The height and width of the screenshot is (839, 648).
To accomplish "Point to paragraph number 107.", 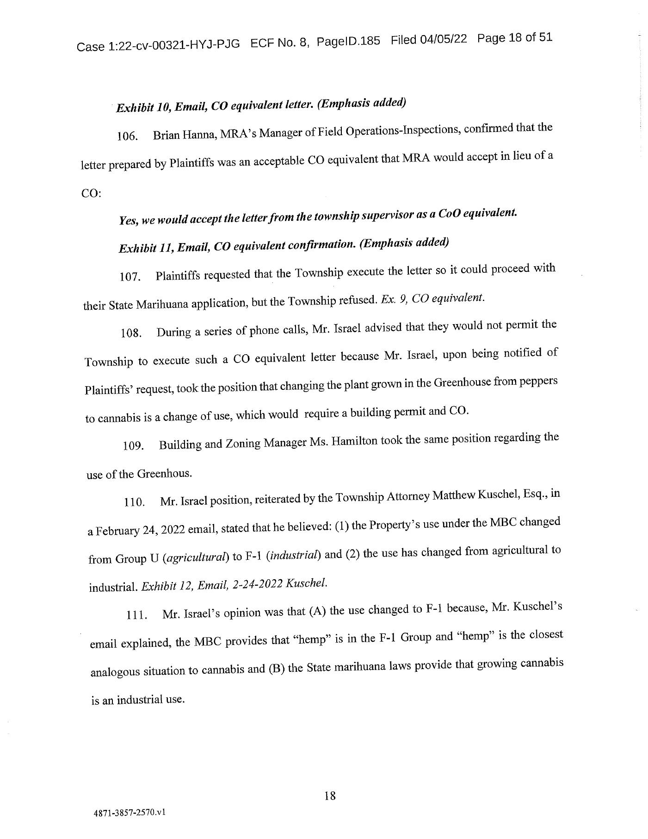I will (130, 277).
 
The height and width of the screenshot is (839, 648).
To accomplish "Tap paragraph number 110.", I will (134, 502).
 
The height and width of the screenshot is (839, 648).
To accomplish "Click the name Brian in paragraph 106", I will (166, 135).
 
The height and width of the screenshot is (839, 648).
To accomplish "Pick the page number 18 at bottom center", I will (330, 796).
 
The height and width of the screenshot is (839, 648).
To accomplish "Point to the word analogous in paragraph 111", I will (115, 671).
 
